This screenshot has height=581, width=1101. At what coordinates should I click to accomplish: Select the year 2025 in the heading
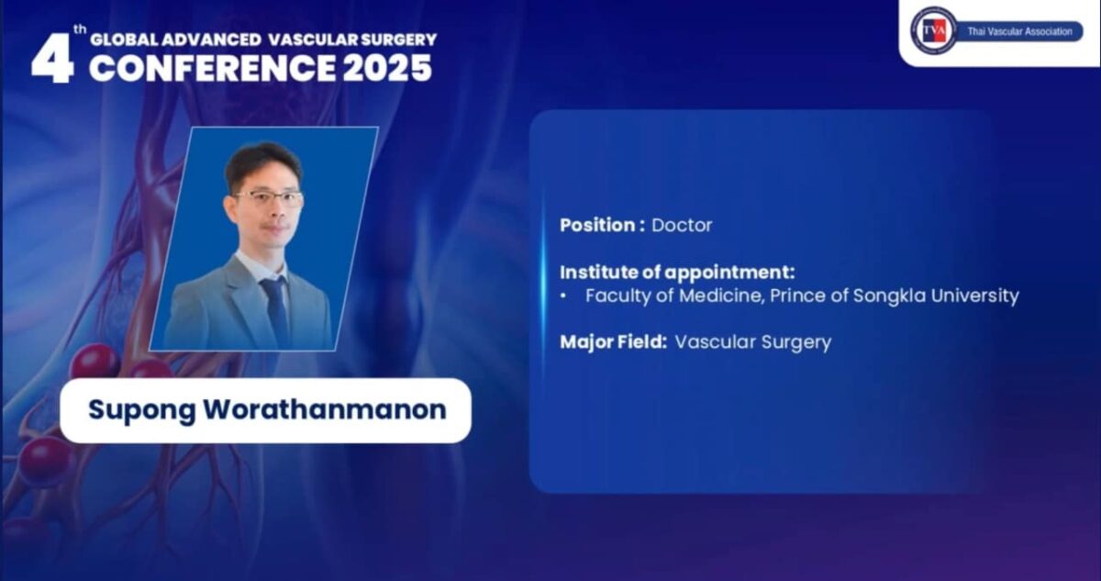[387, 69]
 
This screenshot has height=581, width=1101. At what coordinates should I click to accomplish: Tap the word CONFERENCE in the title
[214, 69]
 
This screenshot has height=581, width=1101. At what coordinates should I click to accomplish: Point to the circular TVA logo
[932, 30]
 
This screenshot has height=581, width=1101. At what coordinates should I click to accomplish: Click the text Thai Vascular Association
[1018, 31]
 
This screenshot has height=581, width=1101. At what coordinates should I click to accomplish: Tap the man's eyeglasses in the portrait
[269, 196]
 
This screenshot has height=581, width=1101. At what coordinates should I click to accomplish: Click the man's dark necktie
[274, 308]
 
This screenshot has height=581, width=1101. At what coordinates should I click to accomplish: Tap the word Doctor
[682, 225]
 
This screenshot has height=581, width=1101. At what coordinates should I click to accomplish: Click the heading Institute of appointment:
[677, 272]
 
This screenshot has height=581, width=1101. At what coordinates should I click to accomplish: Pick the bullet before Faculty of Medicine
[564, 296]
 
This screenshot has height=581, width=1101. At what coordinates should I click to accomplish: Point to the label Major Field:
[614, 342]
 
